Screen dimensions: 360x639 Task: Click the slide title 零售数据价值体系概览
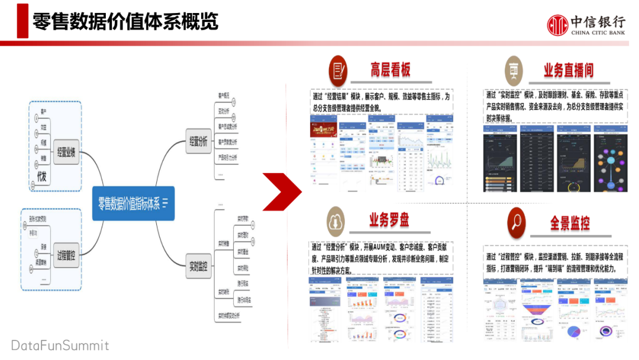(x=125, y=21)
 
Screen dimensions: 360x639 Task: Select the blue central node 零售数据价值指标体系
(x=134, y=203)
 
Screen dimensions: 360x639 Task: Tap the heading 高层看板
(x=390, y=70)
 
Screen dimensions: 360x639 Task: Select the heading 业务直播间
(x=568, y=70)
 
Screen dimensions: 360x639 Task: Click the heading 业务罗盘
(x=389, y=220)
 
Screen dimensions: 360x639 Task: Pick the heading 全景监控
(x=570, y=223)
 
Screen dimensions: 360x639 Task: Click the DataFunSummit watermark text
(x=60, y=345)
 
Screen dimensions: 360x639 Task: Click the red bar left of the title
(x=22, y=21)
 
